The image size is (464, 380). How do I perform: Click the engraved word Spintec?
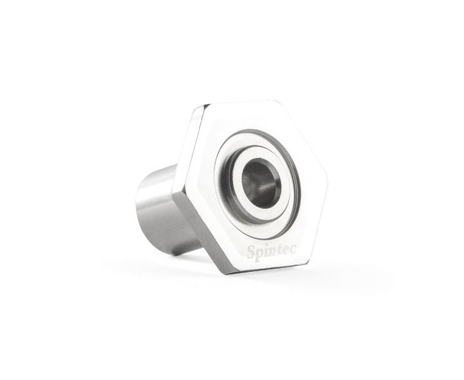[272, 252]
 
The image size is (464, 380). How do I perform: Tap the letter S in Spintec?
[250, 252]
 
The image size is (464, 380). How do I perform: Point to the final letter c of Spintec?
[293, 249]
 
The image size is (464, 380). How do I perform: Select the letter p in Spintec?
[259, 254]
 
